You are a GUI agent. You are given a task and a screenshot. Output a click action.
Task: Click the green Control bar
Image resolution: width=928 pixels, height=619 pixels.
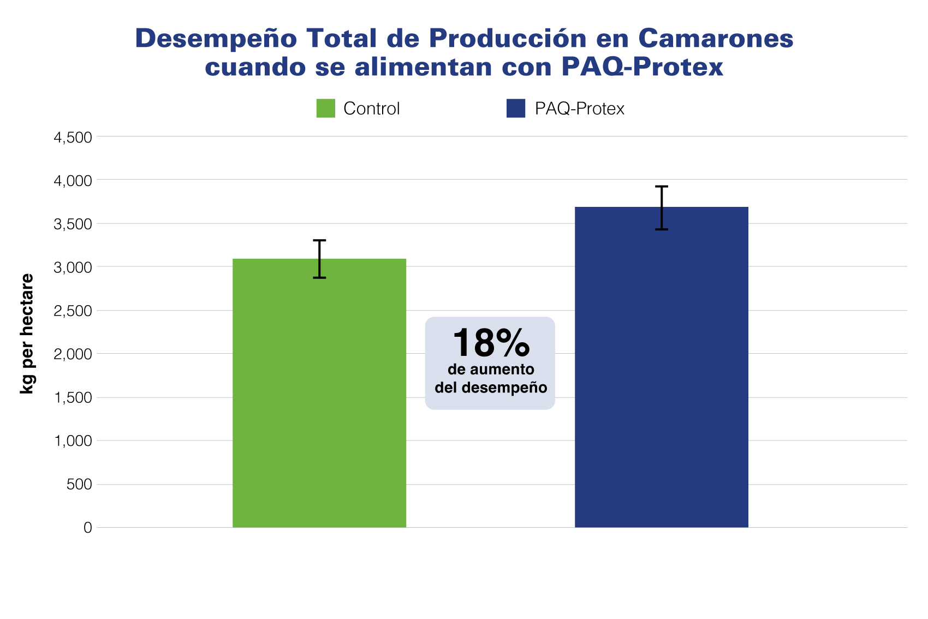[319, 393]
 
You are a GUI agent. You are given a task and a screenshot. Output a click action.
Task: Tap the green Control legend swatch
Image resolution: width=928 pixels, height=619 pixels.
[326, 109]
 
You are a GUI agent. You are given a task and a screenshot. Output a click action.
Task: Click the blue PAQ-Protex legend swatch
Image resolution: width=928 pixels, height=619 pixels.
[516, 109]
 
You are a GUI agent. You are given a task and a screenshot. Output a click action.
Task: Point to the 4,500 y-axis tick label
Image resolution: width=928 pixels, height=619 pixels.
[73, 137]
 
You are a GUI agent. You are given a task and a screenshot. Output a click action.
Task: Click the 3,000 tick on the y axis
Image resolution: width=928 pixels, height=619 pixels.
[73, 267]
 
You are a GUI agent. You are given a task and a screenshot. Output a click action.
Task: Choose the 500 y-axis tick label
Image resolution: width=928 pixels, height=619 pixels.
[79, 485]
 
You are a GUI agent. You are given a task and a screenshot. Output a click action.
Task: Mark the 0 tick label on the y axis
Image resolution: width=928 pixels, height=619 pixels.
[88, 528]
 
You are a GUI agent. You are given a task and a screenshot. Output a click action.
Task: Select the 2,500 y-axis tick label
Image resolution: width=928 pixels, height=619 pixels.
[73, 311]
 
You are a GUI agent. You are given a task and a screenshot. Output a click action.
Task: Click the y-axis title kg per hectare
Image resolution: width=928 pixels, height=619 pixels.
[27, 334]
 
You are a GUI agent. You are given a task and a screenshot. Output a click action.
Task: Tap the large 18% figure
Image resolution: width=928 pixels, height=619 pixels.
[491, 343]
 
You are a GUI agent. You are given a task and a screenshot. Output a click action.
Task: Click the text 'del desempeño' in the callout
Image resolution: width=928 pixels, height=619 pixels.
[491, 388]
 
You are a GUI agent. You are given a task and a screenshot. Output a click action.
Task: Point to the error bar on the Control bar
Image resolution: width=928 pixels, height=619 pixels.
[319, 259]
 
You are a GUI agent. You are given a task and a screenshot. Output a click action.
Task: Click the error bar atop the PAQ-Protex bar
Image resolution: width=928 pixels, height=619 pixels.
[661, 207]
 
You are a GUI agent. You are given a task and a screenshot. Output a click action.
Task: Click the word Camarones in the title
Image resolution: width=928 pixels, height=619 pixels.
[715, 39]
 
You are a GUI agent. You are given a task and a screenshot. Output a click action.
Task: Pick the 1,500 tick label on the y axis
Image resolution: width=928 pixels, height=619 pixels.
[73, 398]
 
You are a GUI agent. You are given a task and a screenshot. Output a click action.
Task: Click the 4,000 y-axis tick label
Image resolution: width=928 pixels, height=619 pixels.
[73, 181]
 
